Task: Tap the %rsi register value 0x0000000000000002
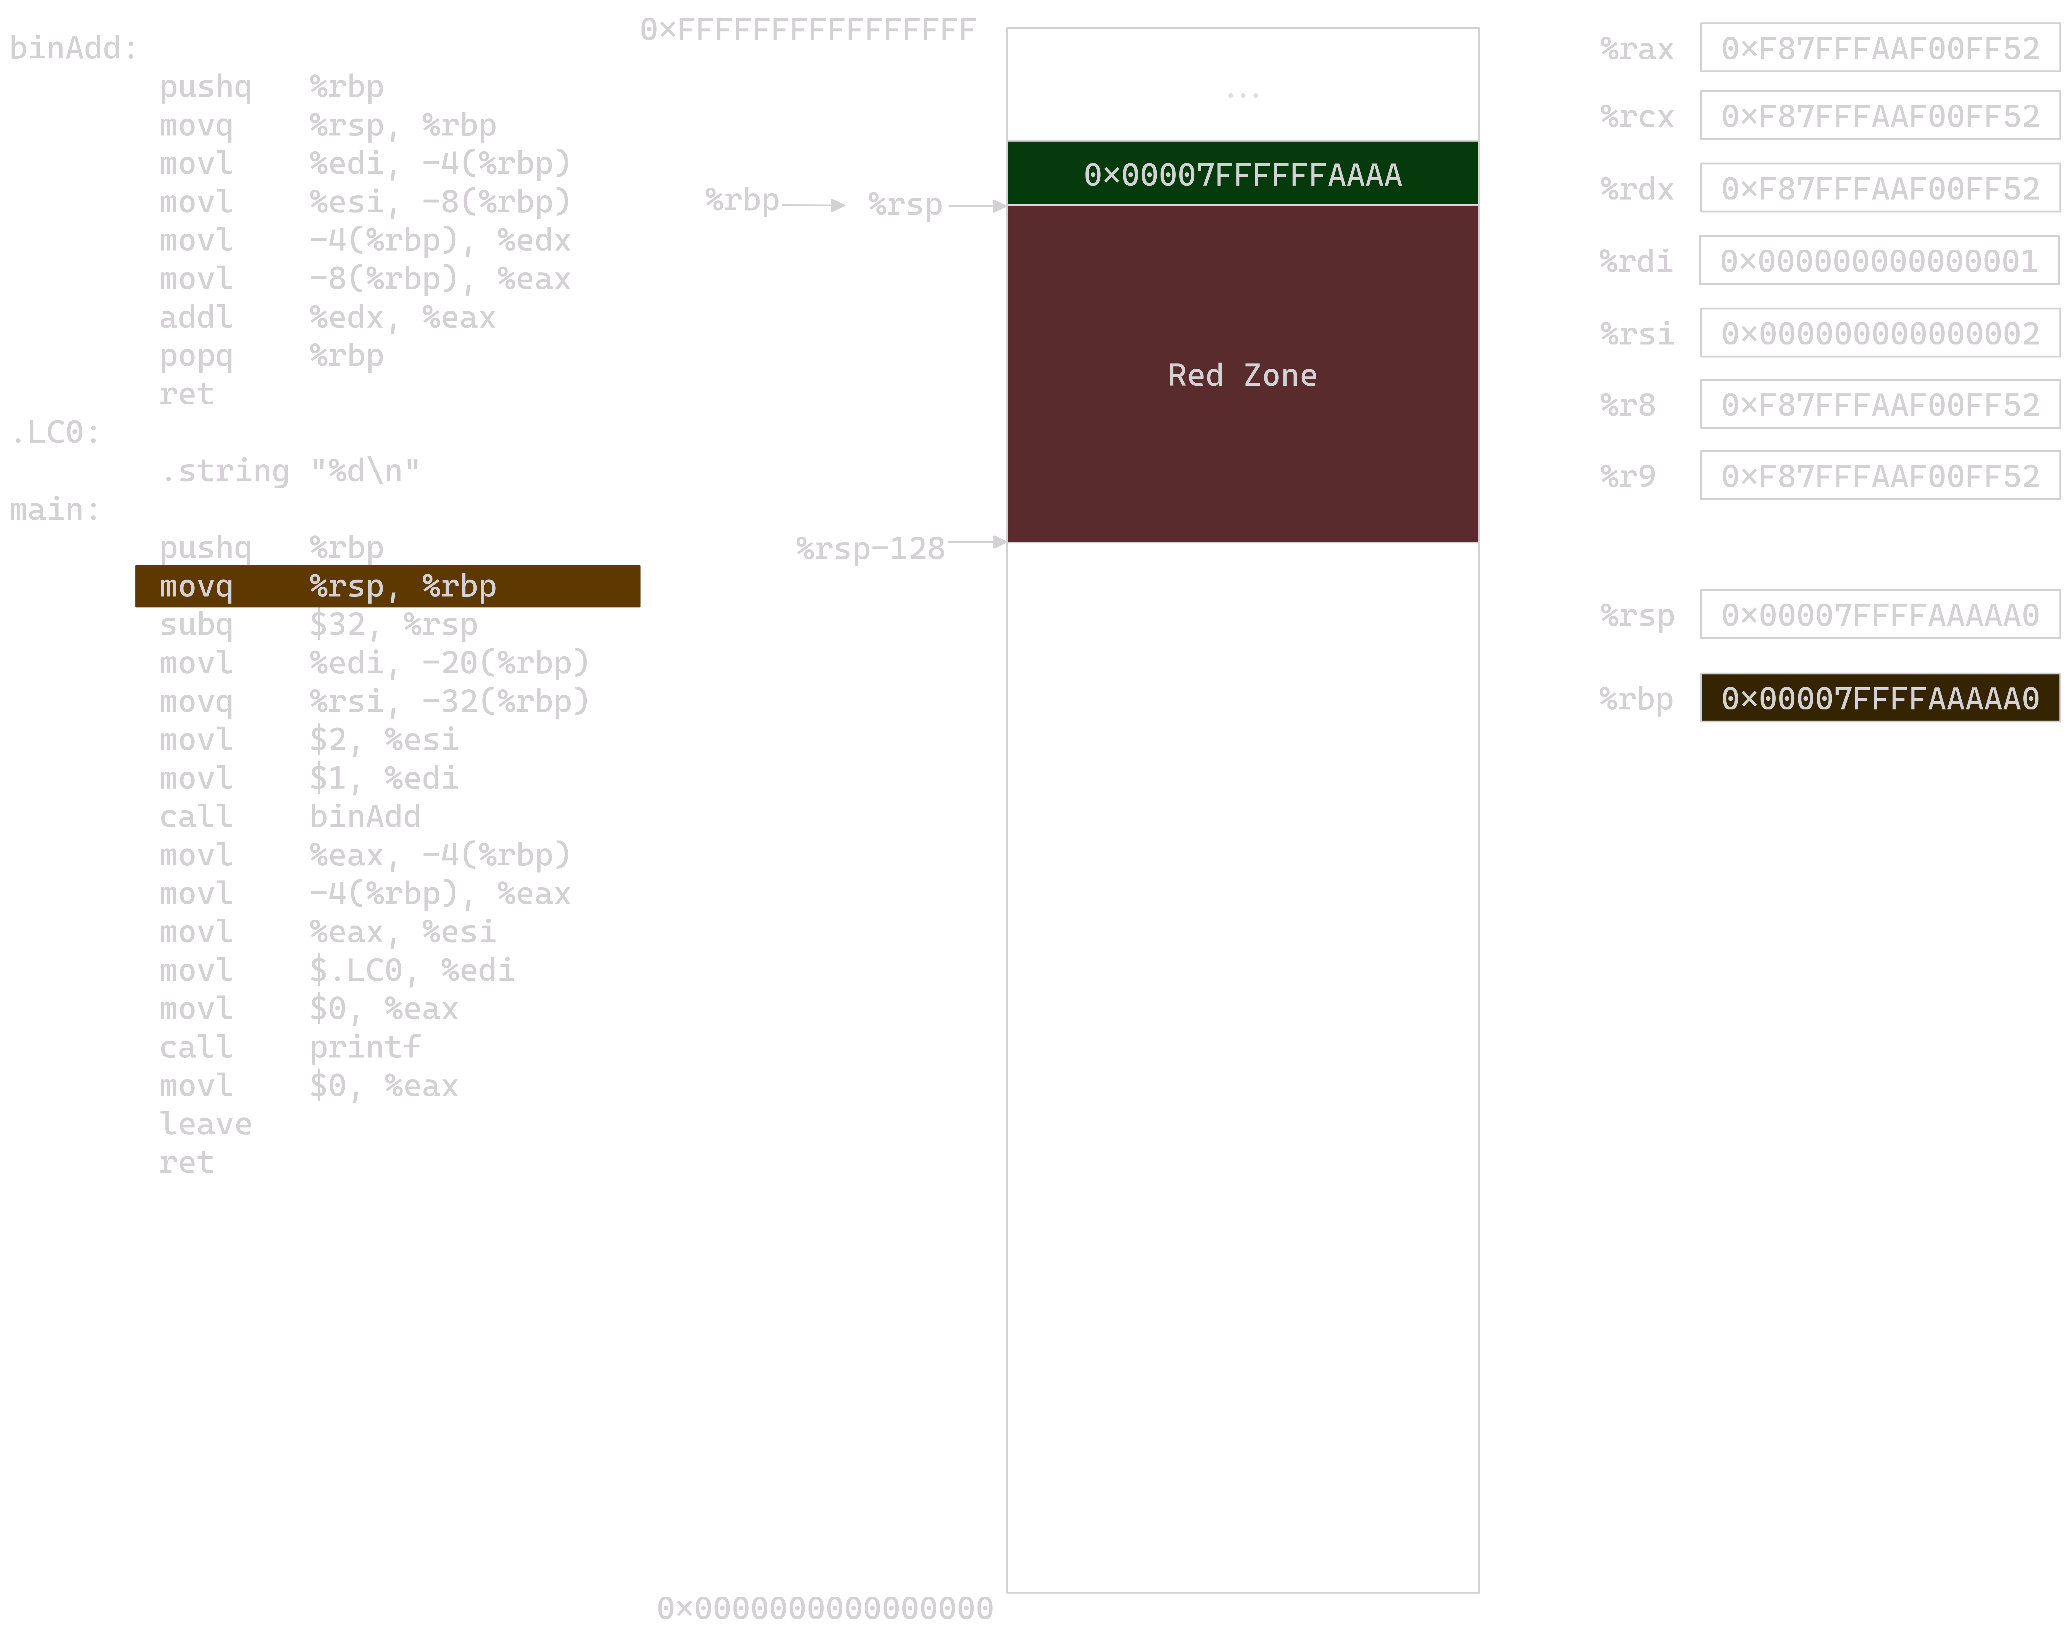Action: [x=1879, y=333]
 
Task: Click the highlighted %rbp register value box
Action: [x=1879, y=698]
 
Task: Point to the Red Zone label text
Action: [x=1242, y=375]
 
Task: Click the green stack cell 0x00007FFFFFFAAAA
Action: [x=1242, y=173]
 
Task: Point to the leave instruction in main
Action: [x=205, y=1124]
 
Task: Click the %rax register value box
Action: [x=1879, y=48]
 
